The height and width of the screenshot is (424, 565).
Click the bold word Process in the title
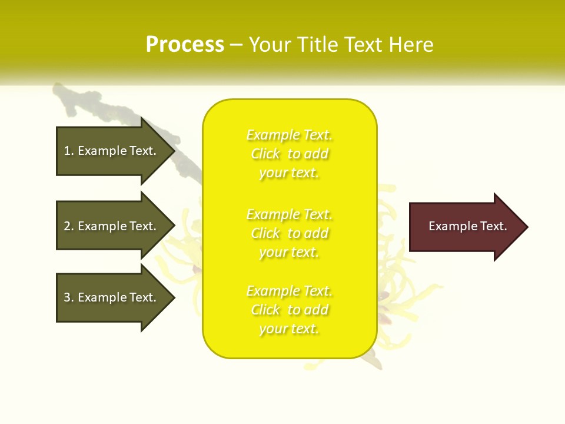[185, 45]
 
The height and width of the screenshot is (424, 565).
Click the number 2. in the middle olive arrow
[69, 226]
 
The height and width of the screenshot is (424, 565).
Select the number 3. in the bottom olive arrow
[69, 297]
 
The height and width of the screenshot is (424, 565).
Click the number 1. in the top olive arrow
[69, 151]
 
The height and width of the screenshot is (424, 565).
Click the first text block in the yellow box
[289, 154]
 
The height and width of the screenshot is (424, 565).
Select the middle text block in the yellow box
[289, 233]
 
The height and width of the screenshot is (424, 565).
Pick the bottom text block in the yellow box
[289, 310]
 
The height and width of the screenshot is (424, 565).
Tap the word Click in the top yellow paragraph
[265, 154]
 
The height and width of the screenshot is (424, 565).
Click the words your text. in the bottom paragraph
[289, 329]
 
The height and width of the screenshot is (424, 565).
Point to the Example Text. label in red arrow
[467, 226]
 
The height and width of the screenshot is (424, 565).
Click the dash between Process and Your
[236, 45]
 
